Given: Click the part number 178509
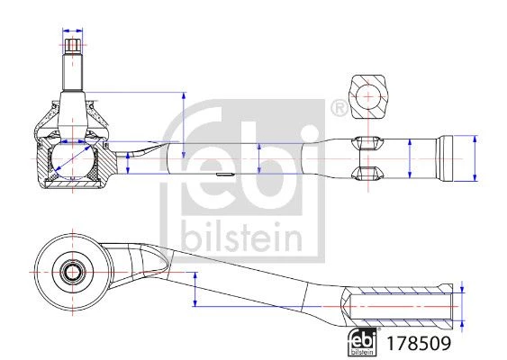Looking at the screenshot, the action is click(419, 343).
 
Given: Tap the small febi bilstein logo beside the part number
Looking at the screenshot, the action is click(362, 342).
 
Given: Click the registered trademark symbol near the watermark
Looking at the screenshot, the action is click(339, 108).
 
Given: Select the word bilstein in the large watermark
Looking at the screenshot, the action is click(242, 238).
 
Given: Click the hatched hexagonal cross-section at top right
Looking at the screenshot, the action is click(368, 97).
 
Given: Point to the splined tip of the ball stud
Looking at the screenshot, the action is click(72, 47).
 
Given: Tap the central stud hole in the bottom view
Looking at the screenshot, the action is click(72, 272).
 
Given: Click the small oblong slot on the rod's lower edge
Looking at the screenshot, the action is click(225, 174).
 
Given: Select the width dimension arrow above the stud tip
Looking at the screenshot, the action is click(72, 31).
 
